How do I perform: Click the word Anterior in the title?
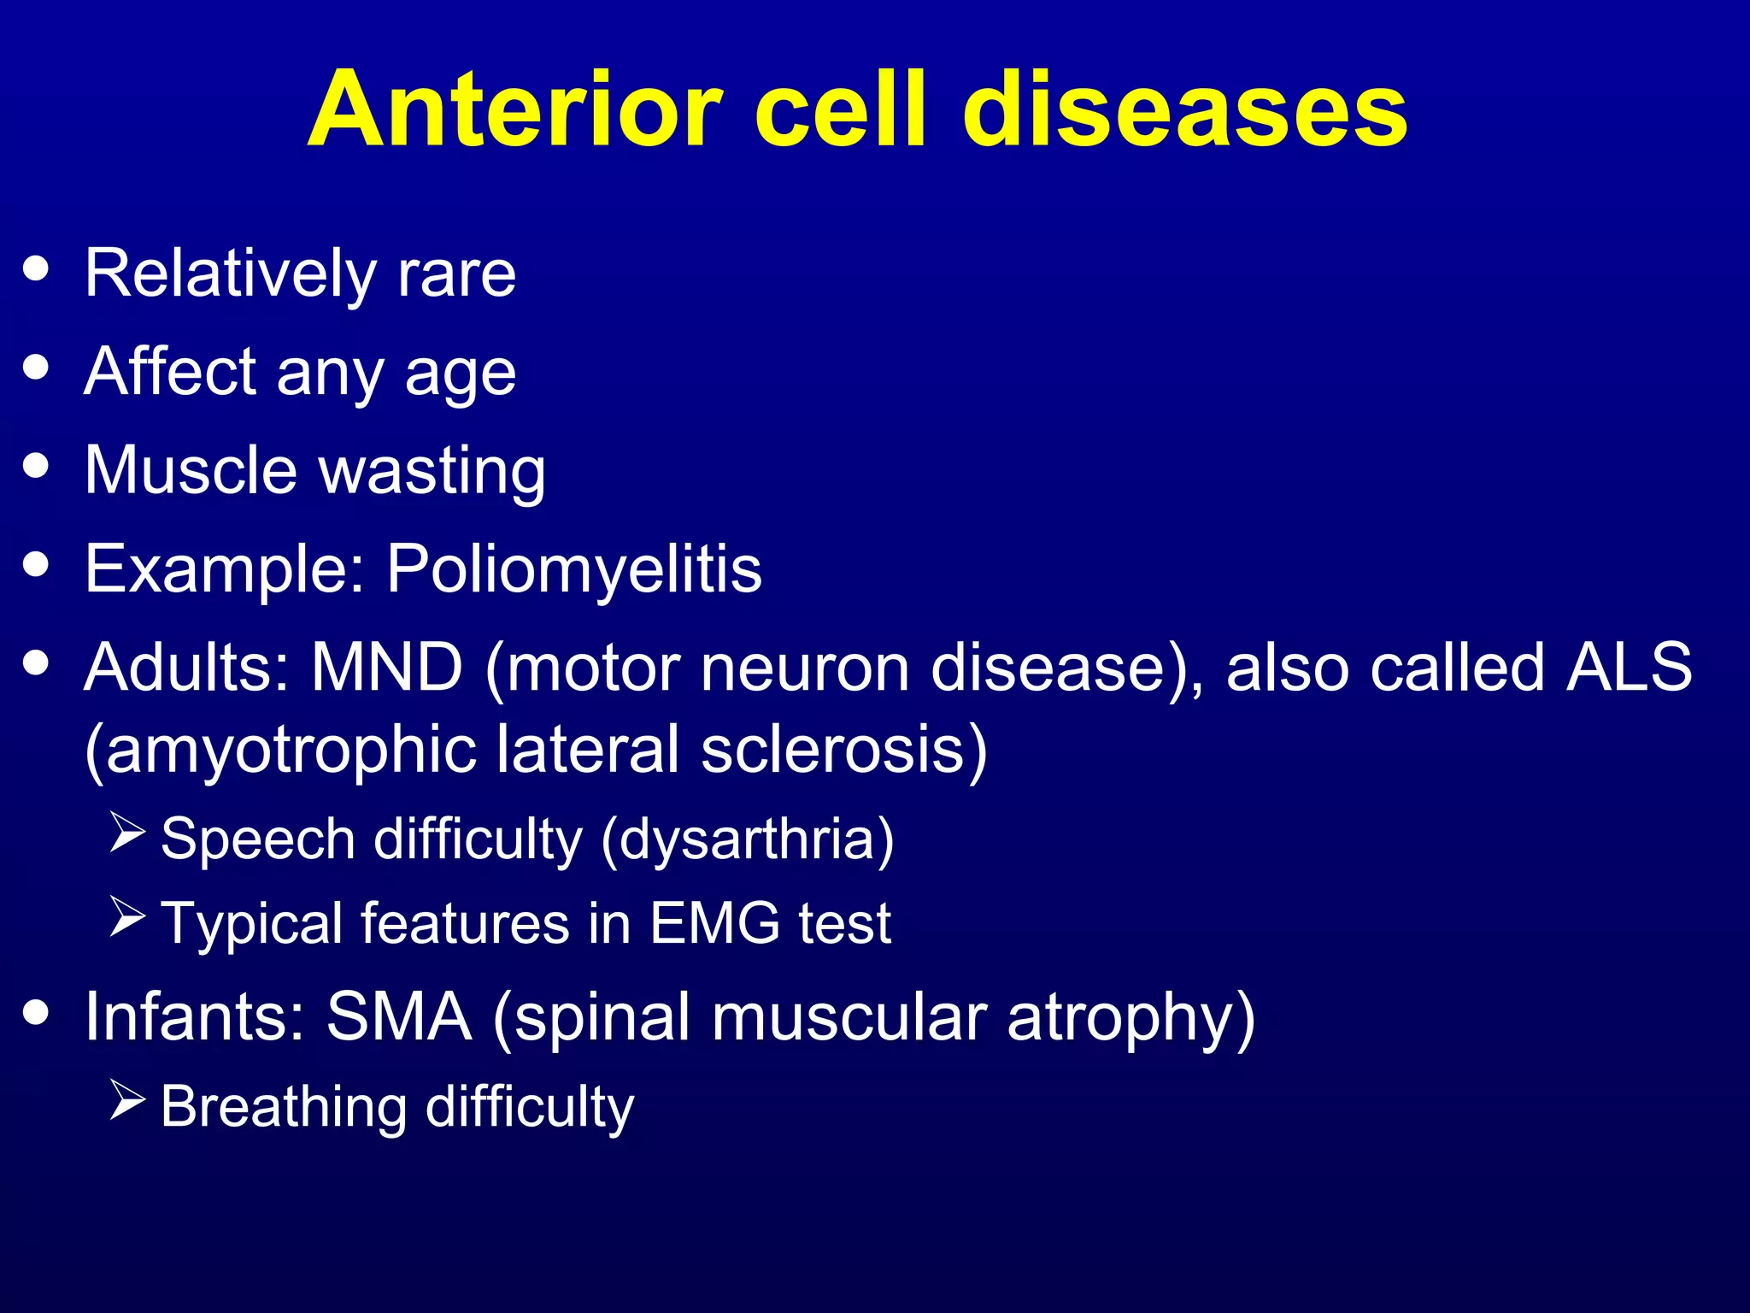(516, 111)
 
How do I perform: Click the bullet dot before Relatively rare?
(37, 269)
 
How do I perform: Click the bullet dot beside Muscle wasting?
(37, 467)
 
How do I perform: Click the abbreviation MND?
(386, 668)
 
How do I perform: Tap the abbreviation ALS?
(1628, 668)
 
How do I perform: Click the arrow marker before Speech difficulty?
(128, 833)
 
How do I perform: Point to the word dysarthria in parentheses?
(748, 839)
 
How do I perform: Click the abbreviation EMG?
(714, 923)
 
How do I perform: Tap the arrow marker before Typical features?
(128, 917)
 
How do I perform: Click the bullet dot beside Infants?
(37, 1012)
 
